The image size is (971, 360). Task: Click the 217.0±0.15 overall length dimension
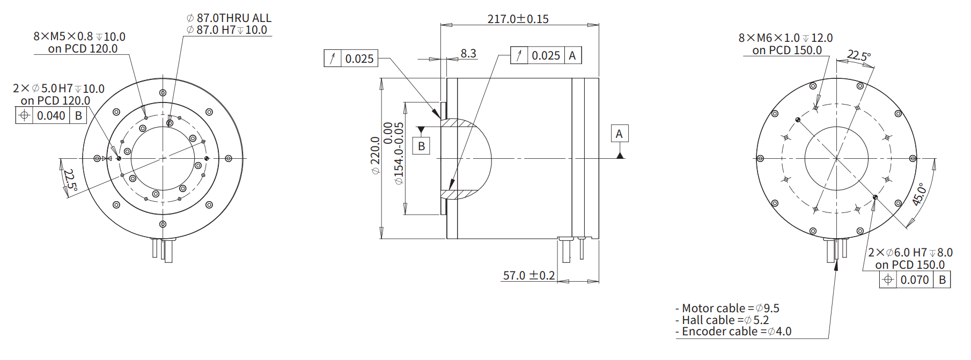coord(518,19)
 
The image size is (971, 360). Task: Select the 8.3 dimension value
coord(468,53)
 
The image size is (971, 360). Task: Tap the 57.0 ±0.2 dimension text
coord(528,275)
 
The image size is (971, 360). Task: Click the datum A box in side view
coord(619,134)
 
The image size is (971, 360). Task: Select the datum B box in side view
coord(421,146)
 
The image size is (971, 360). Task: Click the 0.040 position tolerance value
coord(51,115)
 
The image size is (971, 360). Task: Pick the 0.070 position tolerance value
coord(914,280)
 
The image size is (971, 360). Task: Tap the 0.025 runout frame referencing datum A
coord(546,55)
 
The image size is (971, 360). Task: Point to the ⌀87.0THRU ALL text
coord(229,18)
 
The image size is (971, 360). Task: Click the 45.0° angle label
coord(919,194)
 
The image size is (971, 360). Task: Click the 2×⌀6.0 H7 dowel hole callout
coord(910,252)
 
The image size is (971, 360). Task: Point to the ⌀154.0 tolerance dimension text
coord(399,153)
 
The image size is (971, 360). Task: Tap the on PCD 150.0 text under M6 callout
coord(786,50)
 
